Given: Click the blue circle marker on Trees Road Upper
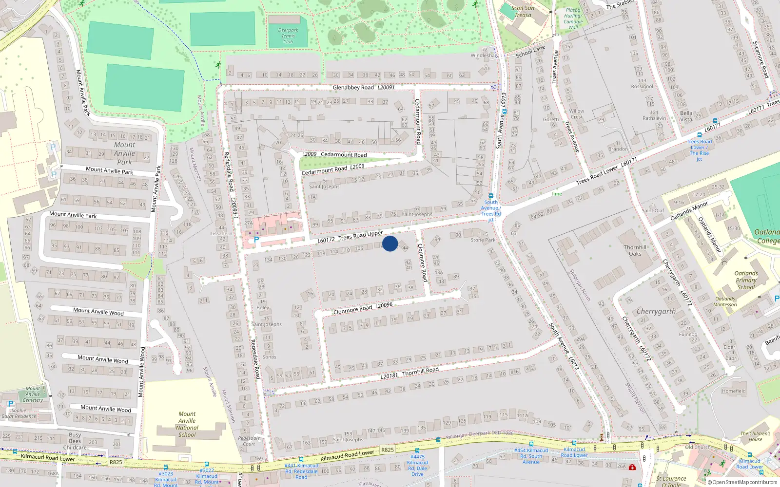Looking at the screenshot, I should click(390, 243).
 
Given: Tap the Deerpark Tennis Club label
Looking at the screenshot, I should click(288, 36).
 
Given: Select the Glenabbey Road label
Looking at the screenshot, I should click(353, 88).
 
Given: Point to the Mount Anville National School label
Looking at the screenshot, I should click(187, 424).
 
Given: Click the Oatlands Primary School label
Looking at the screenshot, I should click(746, 280).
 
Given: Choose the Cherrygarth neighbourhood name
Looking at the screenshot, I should click(656, 311).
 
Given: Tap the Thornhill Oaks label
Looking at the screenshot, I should click(635, 250).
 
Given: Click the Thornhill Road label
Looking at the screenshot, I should click(420, 371).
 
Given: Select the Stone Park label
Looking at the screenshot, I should click(483, 240).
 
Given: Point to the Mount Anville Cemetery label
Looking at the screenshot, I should click(33, 394).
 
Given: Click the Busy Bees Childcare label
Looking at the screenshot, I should click(75, 441).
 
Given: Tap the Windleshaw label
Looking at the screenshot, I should click(485, 56).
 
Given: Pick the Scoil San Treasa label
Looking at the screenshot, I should click(523, 11).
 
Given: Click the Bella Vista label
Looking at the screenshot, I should click(686, 116).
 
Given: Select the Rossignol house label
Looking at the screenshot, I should click(642, 87).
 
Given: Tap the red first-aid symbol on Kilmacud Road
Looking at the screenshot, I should click(632, 467).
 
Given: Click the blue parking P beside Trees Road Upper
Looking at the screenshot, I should click(256, 240).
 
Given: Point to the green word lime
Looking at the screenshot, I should click(557, 194).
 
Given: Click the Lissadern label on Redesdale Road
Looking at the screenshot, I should click(221, 233).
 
